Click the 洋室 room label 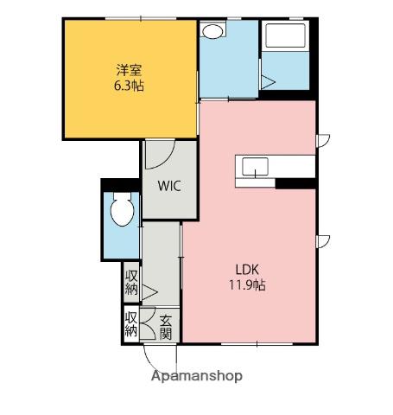[x=129, y=70]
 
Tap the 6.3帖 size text [x=129, y=86]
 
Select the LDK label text [x=247, y=270]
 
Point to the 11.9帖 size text [x=247, y=285]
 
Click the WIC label [x=169, y=186]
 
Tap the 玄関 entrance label [x=166, y=328]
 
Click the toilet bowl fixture [x=123, y=209]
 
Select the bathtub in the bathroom [x=285, y=35]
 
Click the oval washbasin [x=212, y=31]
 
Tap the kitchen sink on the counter [x=255, y=167]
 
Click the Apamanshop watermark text [x=197, y=376]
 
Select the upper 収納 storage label [x=131, y=283]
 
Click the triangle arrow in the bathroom [x=268, y=82]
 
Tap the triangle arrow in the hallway [x=149, y=292]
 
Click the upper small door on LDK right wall [x=323, y=141]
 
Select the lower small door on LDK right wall [x=323, y=241]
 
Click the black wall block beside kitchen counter [x=295, y=183]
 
